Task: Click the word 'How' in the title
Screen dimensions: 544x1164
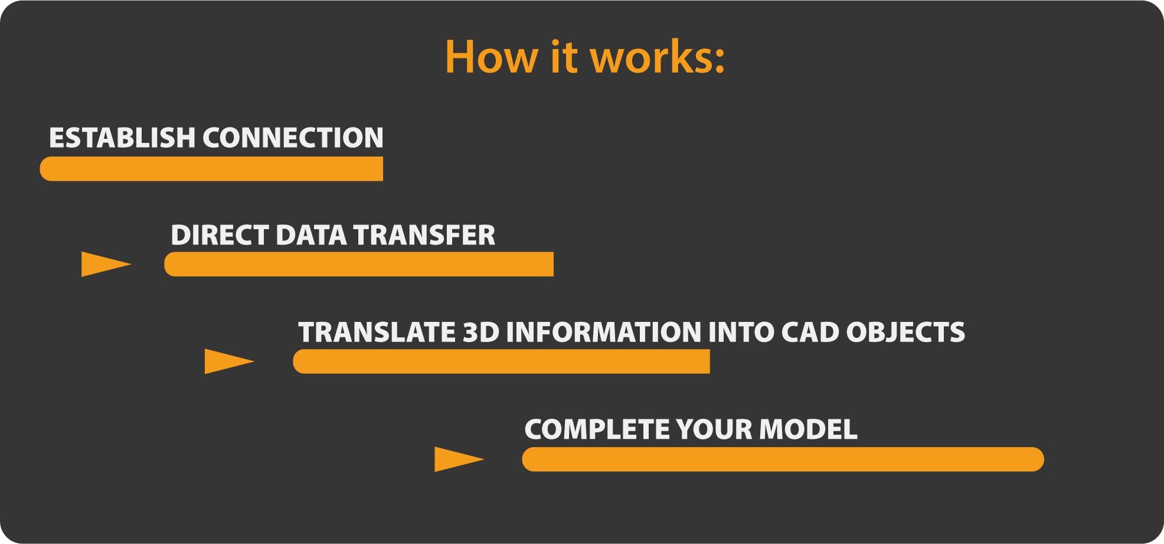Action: (491, 57)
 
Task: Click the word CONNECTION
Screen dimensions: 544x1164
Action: (293, 138)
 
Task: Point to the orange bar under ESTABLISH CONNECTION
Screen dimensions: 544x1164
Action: (211, 169)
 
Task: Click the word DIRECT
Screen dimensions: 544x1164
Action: (220, 235)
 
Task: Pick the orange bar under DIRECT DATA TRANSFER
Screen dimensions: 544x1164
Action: (359, 264)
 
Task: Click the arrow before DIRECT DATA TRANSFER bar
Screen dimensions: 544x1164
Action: (104, 264)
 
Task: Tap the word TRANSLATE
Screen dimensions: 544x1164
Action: (377, 332)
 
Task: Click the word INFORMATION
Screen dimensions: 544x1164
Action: (603, 332)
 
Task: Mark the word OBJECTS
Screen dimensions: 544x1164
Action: (905, 332)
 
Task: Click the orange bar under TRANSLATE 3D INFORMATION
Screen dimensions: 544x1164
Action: (501, 361)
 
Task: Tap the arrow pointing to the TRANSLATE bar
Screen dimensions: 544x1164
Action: (228, 361)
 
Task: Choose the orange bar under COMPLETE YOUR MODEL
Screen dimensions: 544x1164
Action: (783, 460)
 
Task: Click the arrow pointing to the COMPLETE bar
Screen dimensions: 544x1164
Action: (457, 460)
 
